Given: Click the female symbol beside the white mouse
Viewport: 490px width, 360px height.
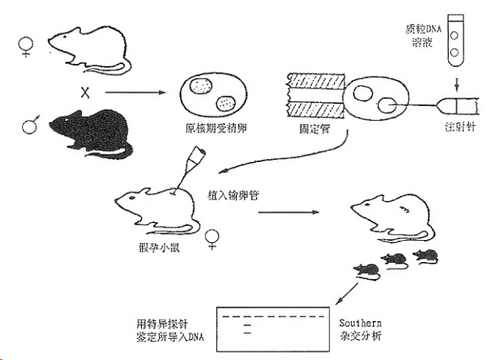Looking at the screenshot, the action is click(26, 47).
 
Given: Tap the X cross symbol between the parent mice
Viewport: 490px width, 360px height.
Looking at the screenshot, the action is click(85, 93).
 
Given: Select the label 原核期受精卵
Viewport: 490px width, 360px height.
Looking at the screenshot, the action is click(216, 129).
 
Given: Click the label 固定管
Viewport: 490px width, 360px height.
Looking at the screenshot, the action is click(314, 129).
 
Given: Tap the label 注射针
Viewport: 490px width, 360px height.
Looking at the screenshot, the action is click(460, 127).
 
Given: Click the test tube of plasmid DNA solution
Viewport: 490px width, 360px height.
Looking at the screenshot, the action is click(455, 40).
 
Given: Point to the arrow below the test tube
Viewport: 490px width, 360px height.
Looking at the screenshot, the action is click(457, 84).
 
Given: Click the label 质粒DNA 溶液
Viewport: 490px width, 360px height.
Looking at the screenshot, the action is click(423, 35).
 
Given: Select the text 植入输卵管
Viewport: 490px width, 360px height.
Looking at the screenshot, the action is click(233, 195).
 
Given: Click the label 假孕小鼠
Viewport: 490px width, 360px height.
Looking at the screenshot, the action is click(160, 248).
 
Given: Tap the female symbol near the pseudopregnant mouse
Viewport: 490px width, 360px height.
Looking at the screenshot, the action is click(212, 239).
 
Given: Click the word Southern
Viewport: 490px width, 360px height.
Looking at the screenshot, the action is click(361, 322).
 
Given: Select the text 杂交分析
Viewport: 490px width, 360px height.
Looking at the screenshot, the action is click(361, 336).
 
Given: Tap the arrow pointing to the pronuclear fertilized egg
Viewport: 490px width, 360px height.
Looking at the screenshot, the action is click(135, 93).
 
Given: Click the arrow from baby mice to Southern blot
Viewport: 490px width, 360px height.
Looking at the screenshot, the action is click(347, 294).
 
